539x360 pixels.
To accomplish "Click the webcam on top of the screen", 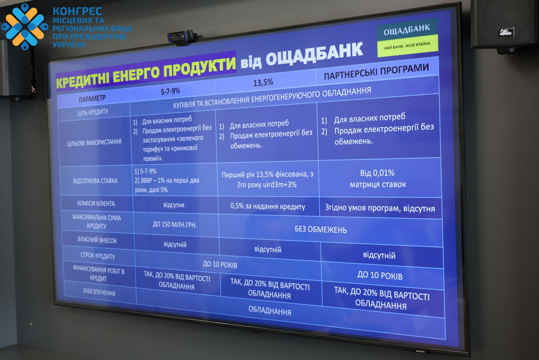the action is click(x=182, y=37).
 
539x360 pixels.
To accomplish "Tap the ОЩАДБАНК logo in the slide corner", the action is click(x=407, y=38).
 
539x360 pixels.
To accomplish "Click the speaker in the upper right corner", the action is click(x=504, y=25).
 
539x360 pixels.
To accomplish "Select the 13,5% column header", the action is click(x=263, y=83).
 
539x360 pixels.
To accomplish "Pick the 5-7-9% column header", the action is click(x=170, y=91).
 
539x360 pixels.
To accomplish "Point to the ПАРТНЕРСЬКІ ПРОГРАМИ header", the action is click(x=376, y=71).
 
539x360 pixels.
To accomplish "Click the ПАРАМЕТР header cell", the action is click(x=92, y=98).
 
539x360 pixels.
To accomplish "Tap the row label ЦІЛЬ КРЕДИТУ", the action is click(x=93, y=112).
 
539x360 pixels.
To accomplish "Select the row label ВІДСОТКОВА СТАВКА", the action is click(x=95, y=181).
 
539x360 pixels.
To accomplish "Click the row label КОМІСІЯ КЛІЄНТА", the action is click(x=96, y=204).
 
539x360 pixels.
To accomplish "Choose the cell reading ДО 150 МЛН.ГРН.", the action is click(x=175, y=225).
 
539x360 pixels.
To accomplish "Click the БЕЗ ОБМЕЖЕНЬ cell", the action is click(x=321, y=230).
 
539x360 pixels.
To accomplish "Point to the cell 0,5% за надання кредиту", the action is click(x=268, y=206).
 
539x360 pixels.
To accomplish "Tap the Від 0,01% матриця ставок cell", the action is click(x=378, y=179).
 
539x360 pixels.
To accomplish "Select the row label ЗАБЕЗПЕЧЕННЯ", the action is click(x=99, y=292).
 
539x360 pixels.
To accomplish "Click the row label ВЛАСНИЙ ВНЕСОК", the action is click(x=97, y=240).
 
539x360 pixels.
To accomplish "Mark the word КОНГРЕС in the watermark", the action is click(x=77, y=11).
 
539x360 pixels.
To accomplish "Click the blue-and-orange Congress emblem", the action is click(x=25, y=27).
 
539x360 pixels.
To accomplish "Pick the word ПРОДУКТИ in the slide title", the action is click(x=199, y=67).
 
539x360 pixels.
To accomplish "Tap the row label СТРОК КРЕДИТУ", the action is click(x=98, y=255).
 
